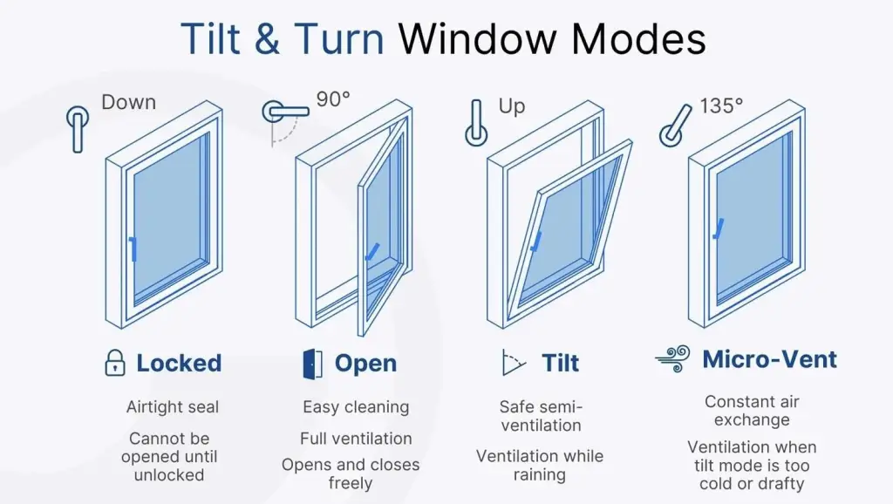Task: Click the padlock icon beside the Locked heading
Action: coord(115,363)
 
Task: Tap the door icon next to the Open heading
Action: coord(313,364)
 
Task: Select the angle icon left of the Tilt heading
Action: coord(513,363)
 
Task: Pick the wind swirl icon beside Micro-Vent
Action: coord(672,358)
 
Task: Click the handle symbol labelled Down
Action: coord(78,129)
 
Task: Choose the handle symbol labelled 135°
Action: coord(676,126)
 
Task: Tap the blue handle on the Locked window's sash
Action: coord(133,249)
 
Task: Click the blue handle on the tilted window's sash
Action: coord(536,242)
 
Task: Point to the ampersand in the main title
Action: coord(267,38)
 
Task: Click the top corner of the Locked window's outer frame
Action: coord(206,101)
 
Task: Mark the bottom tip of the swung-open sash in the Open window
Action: coord(361,336)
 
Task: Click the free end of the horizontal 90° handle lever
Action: coord(308,112)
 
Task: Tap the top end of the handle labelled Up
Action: coord(477,102)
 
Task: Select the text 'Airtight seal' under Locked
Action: coord(173,407)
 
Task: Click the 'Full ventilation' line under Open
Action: coord(356,439)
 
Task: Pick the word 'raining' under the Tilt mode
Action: coord(539,475)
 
